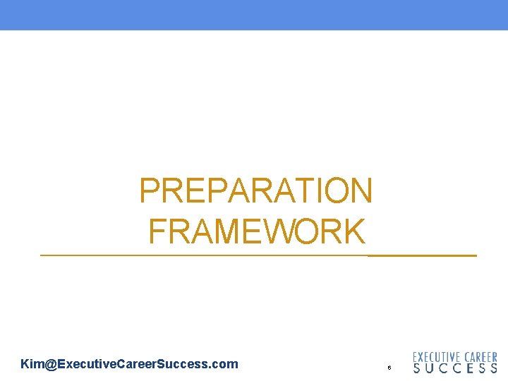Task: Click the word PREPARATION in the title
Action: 255,190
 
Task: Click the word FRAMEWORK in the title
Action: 257,231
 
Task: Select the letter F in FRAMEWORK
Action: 157,231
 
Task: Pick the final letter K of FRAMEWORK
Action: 355,231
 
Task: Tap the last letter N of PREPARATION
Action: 360,190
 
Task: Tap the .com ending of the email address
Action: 223,364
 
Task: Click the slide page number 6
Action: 389,368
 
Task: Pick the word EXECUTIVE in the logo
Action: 437,358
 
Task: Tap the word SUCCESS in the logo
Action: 455,368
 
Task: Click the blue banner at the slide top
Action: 254,14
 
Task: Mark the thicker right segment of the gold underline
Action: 422,255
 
